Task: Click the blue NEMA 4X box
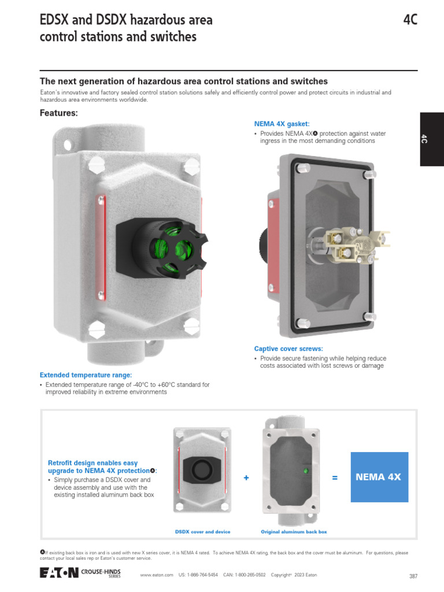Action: click(x=379, y=477)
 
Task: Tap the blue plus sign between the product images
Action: click(x=246, y=478)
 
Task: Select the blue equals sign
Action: click(x=335, y=478)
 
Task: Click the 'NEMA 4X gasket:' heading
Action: click(x=282, y=124)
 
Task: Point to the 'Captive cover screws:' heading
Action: click(x=288, y=349)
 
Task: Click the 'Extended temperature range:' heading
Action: click(x=86, y=375)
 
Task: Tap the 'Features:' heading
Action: click(x=58, y=113)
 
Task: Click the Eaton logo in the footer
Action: click(x=58, y=573)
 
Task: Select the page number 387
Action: click(x=413, y=576)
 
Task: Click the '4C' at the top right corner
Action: click(x=410, y=20)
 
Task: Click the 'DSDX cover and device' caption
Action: click(x=202, y=531)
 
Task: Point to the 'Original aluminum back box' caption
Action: click(x=294, y=531)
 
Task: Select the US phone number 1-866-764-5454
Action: click(x=198, y=575)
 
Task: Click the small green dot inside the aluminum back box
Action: click(x=305, y=471)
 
